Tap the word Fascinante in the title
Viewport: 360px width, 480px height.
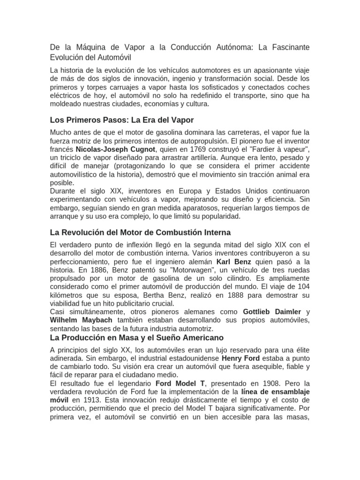(x=289, y=48)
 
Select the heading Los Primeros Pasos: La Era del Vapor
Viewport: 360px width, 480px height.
(x=121, y=120)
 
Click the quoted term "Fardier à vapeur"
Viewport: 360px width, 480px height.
(x=281, y=149)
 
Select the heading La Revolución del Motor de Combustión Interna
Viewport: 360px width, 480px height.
(x=140, y=232)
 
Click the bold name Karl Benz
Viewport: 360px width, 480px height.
(x=233, y=261)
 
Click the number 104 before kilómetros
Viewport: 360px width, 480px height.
(x=303, y=286)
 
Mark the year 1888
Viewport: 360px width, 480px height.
(x=225, y=295)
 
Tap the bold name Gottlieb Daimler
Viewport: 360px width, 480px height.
(x=271, y=312)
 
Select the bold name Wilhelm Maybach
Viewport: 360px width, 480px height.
(x=79, y=320)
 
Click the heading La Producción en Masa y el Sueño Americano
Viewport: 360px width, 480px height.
(x=136, y=337)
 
